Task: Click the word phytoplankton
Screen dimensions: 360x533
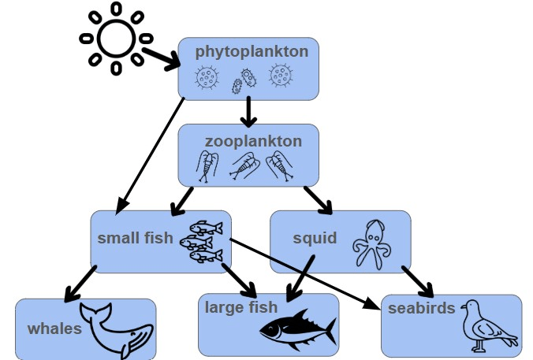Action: coord(252,52)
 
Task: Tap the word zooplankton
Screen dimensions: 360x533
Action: coord(253,142)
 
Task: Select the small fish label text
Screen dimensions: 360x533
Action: coord(135,237)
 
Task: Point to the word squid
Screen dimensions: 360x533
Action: coord(315,238)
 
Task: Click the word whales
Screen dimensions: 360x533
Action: coord(54,328)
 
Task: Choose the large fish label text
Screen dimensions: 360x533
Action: coord(241,306)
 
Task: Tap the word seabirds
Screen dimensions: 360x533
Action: coord(421,308)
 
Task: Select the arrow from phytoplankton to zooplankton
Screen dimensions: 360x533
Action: coord(249,111)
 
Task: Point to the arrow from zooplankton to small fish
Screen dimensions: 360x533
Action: coord(182,199)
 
